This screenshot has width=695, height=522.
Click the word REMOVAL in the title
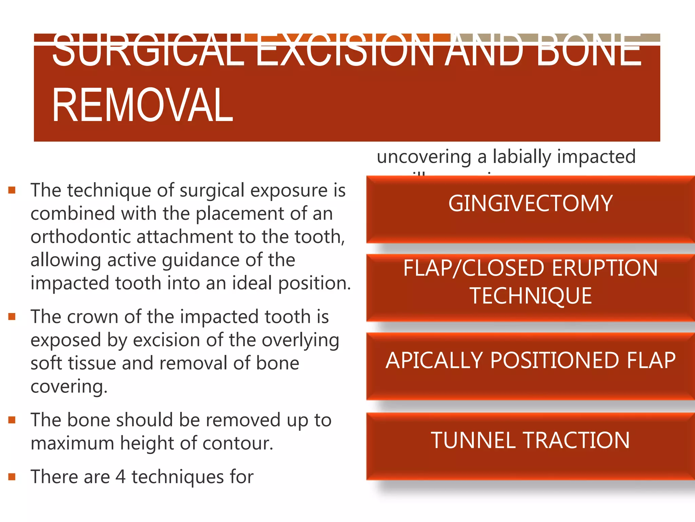[x=143, y=105]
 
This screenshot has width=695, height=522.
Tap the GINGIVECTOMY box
[x=530, y=209]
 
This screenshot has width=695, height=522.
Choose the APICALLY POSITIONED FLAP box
[x=530, y=366]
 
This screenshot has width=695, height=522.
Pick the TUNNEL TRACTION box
[x=530, y=446]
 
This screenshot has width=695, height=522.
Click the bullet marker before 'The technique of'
[x=12, y=190]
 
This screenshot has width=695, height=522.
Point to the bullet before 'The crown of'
[x=12, y=317]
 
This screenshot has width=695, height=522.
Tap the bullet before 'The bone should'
[x=12, y=420]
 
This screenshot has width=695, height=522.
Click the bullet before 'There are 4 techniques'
[x=12, y=477]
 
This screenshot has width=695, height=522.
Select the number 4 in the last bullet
[x=120, y=477]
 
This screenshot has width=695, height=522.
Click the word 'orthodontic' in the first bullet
[x=81, y=237]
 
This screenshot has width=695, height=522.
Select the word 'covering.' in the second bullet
[x=69, y=387]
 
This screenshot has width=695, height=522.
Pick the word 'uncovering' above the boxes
[x=424, y=157]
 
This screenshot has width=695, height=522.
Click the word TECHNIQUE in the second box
[x=531, y=296]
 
